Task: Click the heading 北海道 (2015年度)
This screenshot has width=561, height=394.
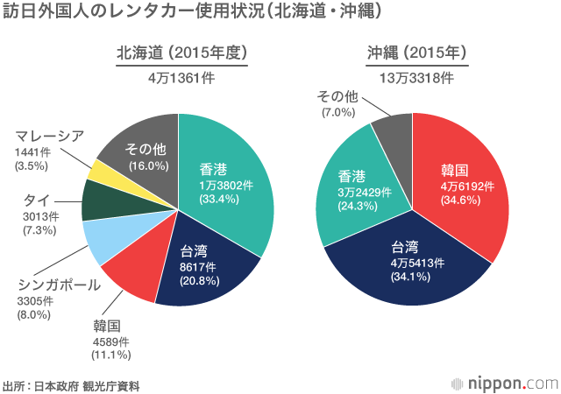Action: [x=181, y=53]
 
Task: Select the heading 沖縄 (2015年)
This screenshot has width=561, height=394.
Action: [x=415, y=53]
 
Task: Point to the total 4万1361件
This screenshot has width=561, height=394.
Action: [x=181, y=77]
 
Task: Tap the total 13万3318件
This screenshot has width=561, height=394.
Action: [x=415, y=77]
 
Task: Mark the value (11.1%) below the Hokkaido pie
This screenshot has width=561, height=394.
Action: [x=110, y=355]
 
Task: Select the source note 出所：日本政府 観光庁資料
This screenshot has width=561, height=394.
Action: [x=71, y=385]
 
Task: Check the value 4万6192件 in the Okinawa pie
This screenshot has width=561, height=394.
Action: [x=467, y=186]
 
